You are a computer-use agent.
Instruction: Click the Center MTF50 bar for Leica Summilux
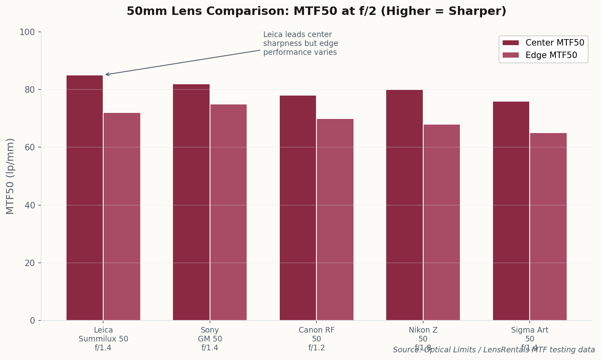[85, 198]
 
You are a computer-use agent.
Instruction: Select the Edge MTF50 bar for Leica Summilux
[122, 216]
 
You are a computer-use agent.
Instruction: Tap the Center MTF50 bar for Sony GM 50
[191, 202]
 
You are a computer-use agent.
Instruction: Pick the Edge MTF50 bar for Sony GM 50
[229, 212]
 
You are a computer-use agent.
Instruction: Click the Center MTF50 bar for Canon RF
[298, 208]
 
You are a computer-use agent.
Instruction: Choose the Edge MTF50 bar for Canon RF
[335, 220]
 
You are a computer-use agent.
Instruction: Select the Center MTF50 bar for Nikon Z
[404, 205]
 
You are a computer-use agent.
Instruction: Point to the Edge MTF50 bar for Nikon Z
[442, 223]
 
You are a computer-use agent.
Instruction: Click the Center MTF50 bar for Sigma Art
[511, 211]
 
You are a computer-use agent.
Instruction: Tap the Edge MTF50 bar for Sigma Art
[548, 227]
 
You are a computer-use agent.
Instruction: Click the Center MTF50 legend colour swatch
[511, 43]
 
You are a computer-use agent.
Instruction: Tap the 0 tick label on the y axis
[33, 321]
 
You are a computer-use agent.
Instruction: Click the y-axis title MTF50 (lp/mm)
[10, 176]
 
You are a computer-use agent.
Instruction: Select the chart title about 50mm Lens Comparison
[316, 11]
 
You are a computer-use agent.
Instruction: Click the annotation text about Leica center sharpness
[300, 44]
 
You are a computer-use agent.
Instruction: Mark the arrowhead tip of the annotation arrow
[106, 75]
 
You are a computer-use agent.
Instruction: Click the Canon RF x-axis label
[316, 339]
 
